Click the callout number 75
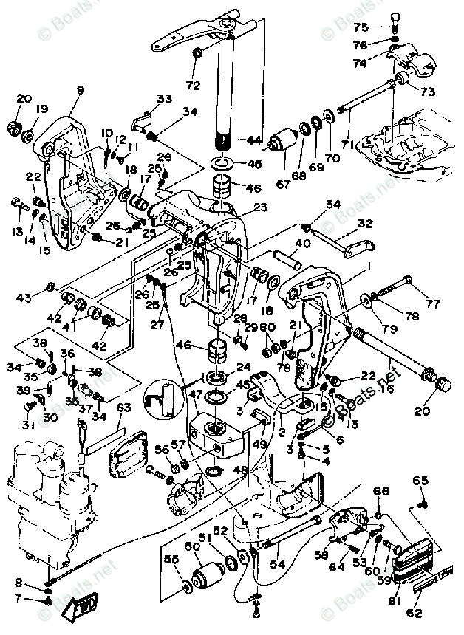(x=360, y=27)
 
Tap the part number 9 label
(x=81, y=92)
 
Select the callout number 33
(x=163, y=99)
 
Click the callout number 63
(x=123, y=407)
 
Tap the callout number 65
(x=420, y=481)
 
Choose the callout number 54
(x=279, y=564)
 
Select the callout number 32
(x=366, y=224)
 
